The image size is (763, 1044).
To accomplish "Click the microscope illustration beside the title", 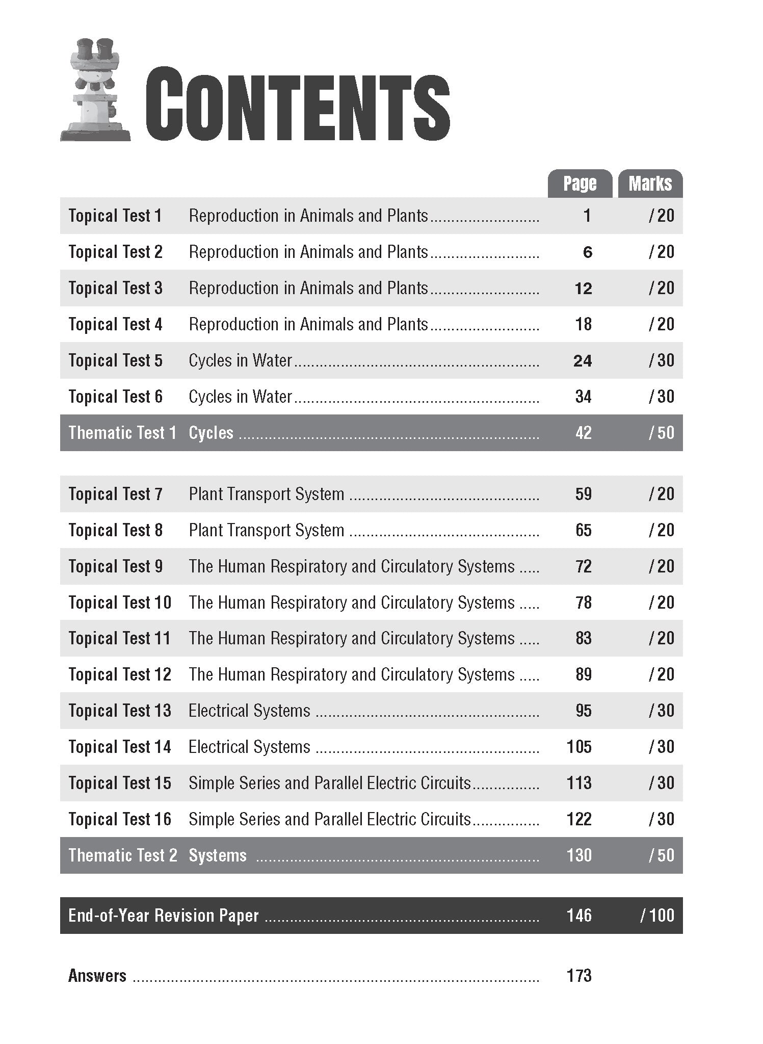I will coord(95,90).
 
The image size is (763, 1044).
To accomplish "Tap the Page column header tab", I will coord(580,184).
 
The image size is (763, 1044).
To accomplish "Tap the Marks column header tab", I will coord(650,184).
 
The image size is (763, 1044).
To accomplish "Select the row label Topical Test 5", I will coord(115,360).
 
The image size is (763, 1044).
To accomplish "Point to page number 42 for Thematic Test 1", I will coord(583,433).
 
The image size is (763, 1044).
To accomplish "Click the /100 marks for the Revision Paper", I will coord(657,915).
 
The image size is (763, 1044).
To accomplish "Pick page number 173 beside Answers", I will coord(579,976).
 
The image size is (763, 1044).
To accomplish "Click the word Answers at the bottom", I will coord(97,976).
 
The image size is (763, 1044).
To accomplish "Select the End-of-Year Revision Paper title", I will coord(164,916).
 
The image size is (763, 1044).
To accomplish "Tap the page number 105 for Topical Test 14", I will coord(579,747).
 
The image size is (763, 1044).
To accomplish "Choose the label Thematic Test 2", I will coord(123,855).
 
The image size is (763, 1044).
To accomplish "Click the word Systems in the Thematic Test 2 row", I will coord(218,855).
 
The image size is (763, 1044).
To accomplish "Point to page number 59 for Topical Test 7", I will coord(583,494).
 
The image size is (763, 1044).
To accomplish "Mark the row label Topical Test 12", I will coord(120,674).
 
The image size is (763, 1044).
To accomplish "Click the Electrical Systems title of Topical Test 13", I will coord(249,711).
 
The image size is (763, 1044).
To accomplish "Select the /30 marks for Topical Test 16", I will coord(661,819).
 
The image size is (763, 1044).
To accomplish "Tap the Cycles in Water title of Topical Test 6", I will coord(240,397).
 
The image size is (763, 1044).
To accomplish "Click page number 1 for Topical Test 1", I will coord(587,216).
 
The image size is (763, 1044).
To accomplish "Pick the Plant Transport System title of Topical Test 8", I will coord(267,530).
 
